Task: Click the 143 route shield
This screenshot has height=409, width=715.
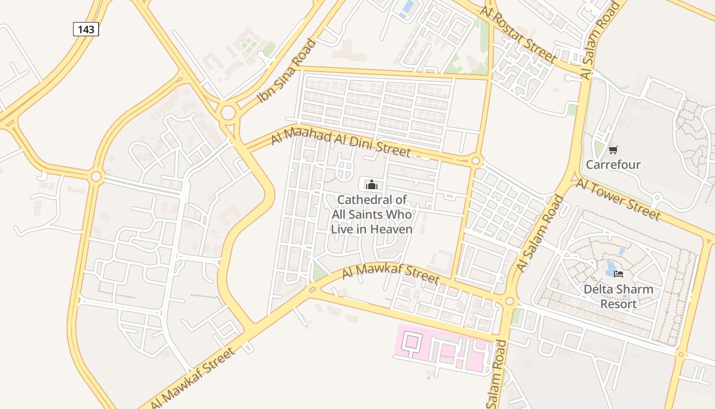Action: tap(86, 29)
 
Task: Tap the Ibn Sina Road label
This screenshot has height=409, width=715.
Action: tap(287, 71)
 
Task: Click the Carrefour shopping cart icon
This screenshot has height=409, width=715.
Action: tap(613, 150)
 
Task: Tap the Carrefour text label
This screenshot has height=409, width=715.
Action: tap(613, 165)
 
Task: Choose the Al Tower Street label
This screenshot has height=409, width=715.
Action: tap(618, 199)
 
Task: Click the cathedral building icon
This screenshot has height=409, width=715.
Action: tap(371, 185)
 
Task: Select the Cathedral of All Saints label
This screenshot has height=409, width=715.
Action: tap(371, 214)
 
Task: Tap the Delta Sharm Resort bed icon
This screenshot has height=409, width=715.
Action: tap(618, 274)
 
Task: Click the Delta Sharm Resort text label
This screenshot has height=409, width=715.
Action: tap(618, 297)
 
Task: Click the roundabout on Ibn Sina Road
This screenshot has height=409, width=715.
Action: tap(228, 111)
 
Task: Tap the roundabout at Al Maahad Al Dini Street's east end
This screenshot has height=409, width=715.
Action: tap(476, 161)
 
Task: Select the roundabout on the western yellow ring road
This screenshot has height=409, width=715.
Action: tap(96, 177)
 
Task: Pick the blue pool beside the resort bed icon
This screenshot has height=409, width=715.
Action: tap(610, 266)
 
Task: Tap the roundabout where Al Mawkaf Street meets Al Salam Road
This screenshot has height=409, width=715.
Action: tap(509, 301)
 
